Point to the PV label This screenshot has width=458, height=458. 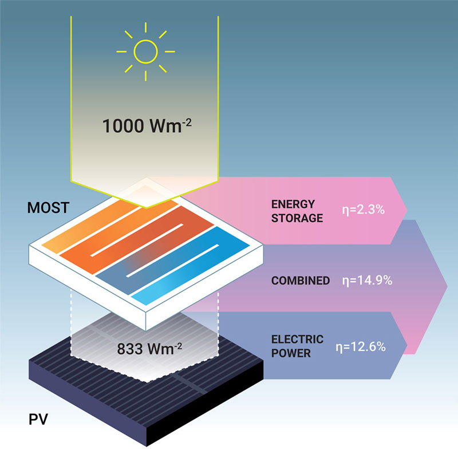(38, 422)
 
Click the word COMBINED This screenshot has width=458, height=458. (301, 281)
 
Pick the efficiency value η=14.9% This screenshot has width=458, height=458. (366, 281)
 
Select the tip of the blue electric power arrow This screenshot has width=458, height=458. (408, 347)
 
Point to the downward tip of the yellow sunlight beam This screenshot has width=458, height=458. (147, 207)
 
